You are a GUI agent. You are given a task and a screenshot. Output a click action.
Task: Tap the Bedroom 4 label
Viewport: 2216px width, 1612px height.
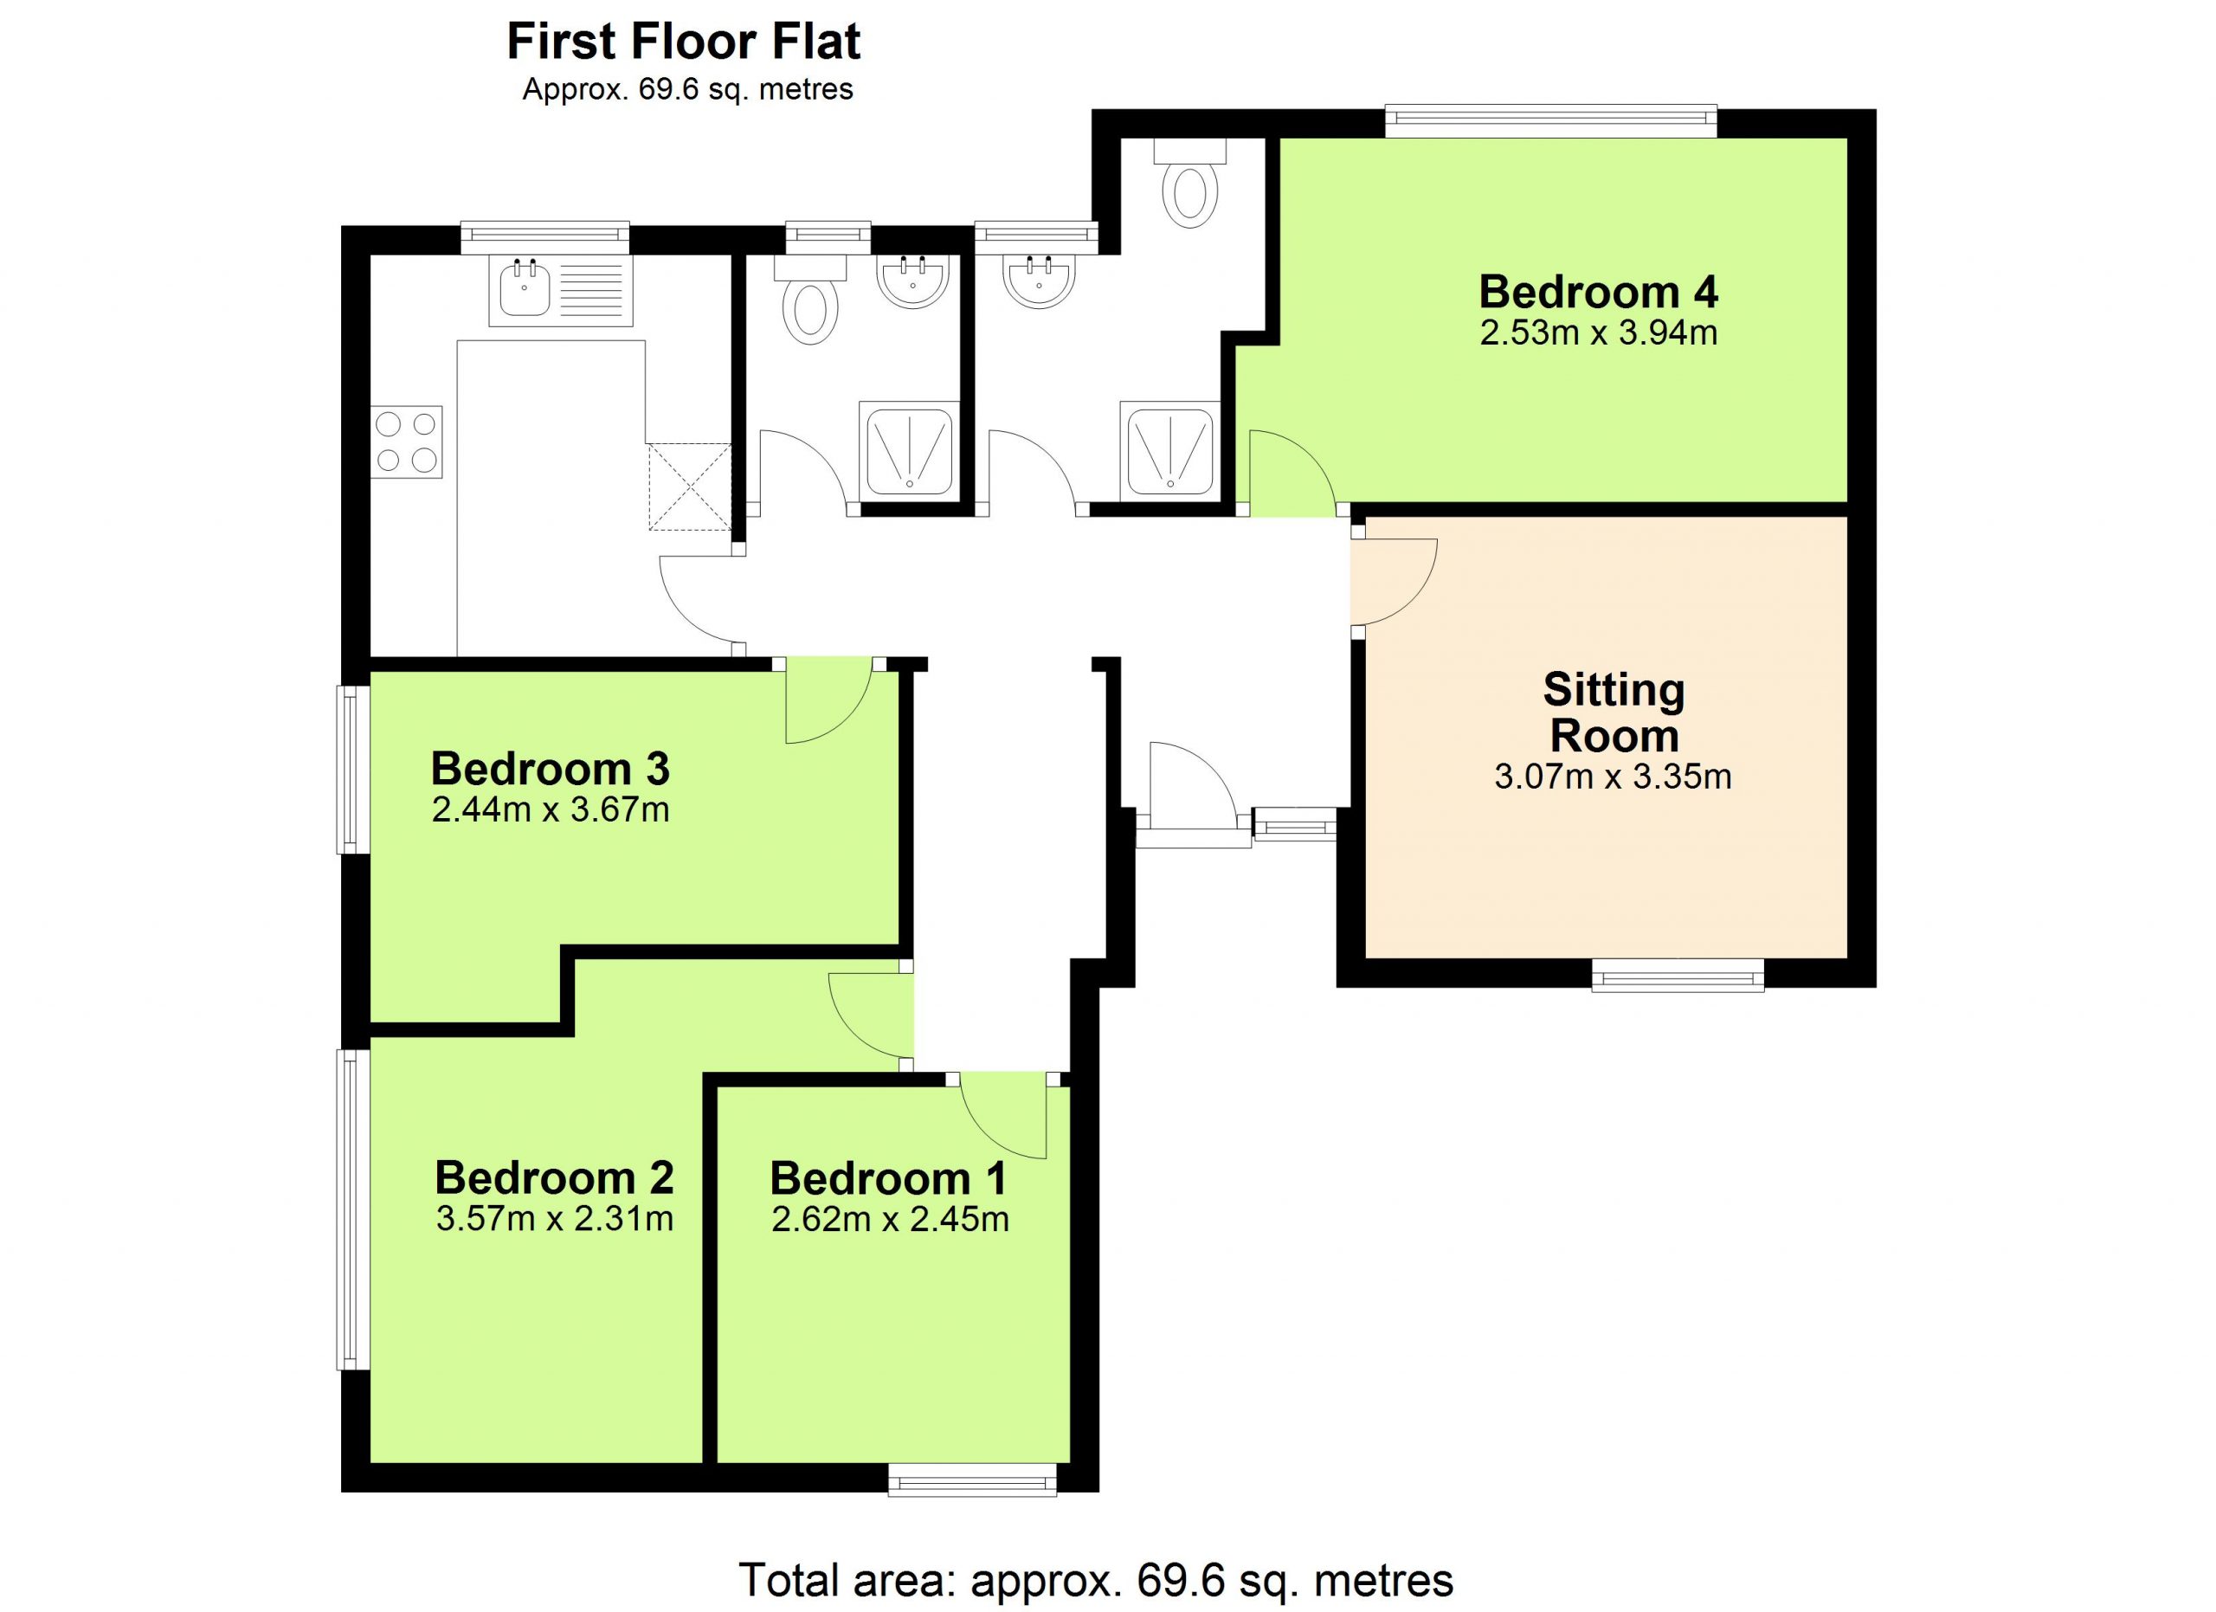point(1599,291)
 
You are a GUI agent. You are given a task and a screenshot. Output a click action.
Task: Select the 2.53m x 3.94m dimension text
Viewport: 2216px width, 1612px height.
point(1599,333)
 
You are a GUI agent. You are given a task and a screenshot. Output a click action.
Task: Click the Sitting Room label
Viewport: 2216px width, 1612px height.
point(1614,713)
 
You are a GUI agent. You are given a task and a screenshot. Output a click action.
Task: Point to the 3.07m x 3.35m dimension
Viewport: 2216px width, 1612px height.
point(1614,777)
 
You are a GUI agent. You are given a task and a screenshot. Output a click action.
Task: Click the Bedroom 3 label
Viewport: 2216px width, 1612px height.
point(550,768)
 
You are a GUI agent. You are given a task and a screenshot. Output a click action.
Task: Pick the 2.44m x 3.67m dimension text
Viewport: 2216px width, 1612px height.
point(550,810)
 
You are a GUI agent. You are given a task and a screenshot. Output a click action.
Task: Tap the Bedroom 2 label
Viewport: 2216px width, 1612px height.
point(554,1177)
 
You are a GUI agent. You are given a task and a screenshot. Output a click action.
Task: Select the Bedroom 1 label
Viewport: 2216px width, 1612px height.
point(888,1178)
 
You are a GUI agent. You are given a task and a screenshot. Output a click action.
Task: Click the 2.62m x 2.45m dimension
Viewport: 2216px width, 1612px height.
point(890,1219)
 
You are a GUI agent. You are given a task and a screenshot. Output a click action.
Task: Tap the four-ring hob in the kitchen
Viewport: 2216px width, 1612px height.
point(407,442)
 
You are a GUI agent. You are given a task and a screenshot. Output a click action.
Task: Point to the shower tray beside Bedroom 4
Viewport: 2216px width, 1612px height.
point(1169,450)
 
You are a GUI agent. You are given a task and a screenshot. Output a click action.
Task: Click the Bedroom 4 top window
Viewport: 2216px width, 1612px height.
point(1551,121)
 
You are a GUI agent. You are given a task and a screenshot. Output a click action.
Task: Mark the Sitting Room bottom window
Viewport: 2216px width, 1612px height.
point(1678,974)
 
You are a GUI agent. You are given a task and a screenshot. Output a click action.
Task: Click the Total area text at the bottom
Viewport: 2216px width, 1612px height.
point(1096,1579)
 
